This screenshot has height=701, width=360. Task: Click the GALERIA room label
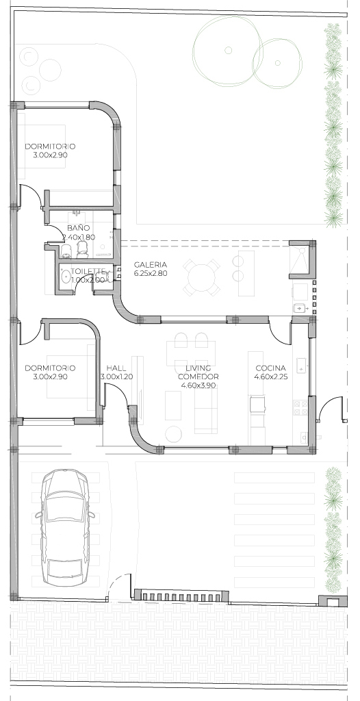(x=151, y=264)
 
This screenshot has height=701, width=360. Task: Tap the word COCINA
(x=270, y=368)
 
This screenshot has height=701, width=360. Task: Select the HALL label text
(x=116, y=368)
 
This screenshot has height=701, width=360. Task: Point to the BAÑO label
(x=81, y=228)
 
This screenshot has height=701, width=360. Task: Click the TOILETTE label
(x=88, y=271)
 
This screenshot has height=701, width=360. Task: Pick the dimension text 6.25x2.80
(x=151, y=273)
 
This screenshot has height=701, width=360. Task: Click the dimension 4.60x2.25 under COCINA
(x=270, y=377)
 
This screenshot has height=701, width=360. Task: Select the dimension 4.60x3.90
(x=198, y=385)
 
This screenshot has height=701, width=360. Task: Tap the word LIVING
(x=198, y=368)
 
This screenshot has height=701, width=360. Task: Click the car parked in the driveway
(x=65, y=528)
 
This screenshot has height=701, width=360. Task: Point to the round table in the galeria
(x=203, y=277)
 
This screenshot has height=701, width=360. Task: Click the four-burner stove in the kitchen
(x=300, y=407)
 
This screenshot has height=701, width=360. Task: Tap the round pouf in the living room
(x=173, y=433)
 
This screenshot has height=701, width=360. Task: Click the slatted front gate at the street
(x=181, y=596)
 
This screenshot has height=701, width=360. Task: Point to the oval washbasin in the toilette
(x=65, y=276)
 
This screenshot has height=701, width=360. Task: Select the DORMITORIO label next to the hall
(x=50, y=368)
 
